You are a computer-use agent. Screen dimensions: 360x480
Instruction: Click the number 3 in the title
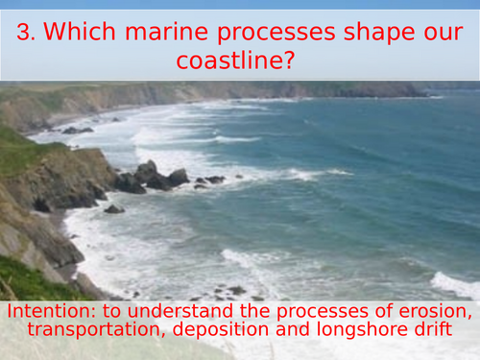coord(26,34)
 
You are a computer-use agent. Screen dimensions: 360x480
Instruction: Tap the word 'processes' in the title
coord(273,34)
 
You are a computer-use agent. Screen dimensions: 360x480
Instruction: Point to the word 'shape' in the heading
coord(376,34)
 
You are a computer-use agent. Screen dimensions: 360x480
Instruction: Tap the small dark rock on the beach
coord(113,208)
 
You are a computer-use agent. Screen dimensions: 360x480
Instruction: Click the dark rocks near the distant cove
coord(77,130)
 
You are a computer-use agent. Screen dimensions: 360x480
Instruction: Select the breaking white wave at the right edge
coord(455,284)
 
